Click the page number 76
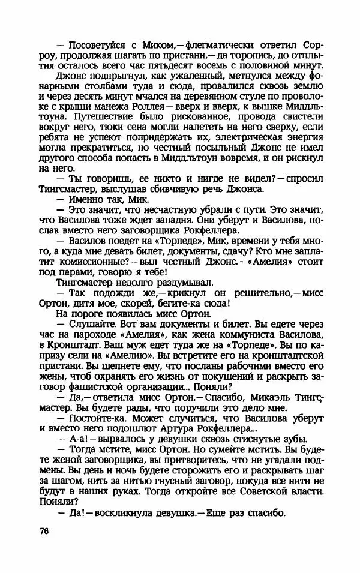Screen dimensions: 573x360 (43, 532)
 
